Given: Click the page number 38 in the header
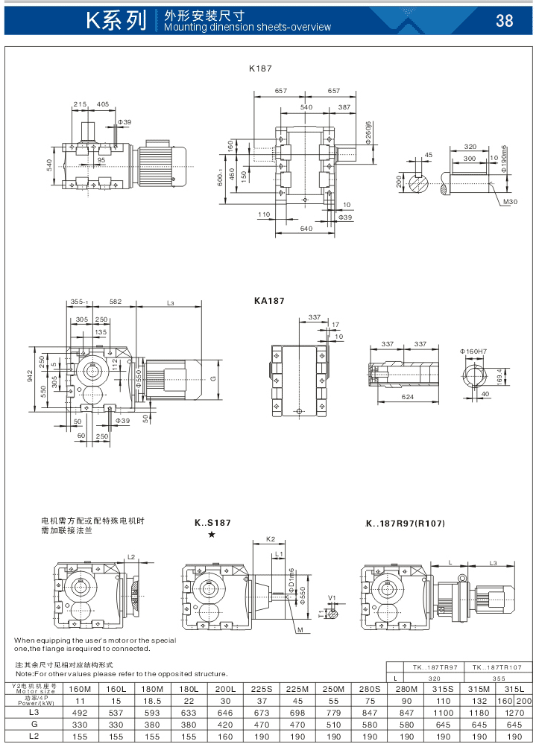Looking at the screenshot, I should [x=505, y=20].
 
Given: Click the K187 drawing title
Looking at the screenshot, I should [x=260, y=68].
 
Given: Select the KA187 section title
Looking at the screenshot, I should [x=269, y=301].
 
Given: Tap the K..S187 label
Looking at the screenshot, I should [x=213, y=523].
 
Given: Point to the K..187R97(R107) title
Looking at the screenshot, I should [x=405, y=523].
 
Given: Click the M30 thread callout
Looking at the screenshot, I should [x=510, y=202].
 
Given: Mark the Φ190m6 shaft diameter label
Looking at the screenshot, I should [x=504, y=159].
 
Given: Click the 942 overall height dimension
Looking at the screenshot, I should [x=30, y=377].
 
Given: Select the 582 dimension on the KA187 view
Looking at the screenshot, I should [x=116, y=302].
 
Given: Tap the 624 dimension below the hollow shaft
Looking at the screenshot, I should [x=407, y=398].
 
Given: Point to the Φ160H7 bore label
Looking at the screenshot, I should [x=473, y=350].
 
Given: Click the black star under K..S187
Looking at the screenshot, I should [x=212, y=535].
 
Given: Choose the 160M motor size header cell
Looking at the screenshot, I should [x=80, y=689].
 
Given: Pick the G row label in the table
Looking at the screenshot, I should [x=34, y=724].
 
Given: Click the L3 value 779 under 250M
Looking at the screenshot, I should [x=334, y=712].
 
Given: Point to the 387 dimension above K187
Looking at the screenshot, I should [x=345, y=107].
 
